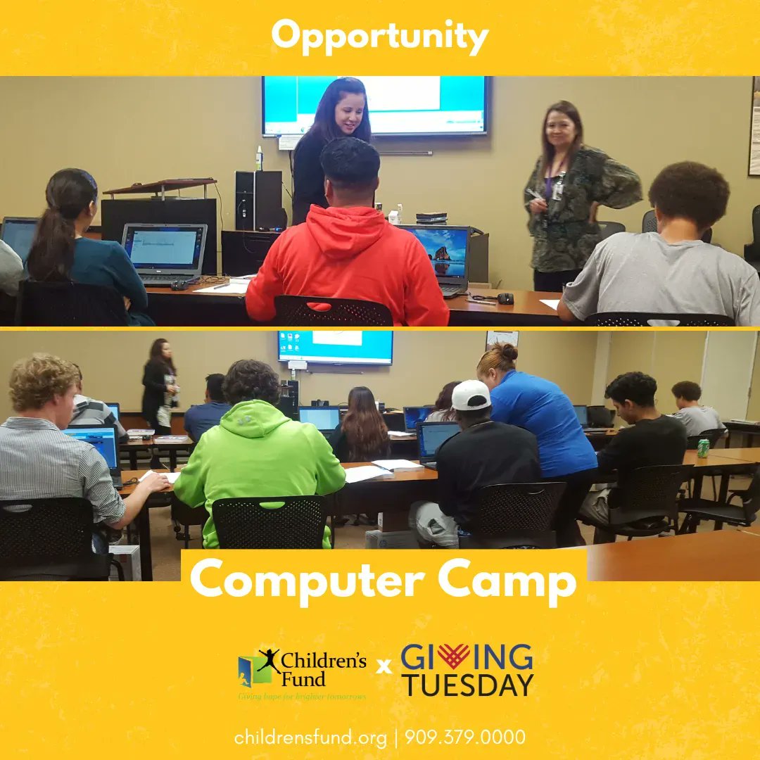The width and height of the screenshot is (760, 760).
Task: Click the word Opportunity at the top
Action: click(x=379, y=37)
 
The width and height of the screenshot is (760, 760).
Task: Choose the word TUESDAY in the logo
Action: click(x=467, y=685)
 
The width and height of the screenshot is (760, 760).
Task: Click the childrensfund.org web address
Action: click(x=310, y=737)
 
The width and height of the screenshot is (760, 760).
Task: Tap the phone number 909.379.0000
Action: click(x=464, y=737)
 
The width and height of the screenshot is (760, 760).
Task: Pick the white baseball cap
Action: click(x=470, y=395)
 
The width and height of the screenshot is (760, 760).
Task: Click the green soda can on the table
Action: click(x=703, y=448)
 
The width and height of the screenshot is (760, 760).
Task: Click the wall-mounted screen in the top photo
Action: click(x=376, y=106)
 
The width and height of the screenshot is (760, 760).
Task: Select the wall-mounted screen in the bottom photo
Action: click(x=335, y=346)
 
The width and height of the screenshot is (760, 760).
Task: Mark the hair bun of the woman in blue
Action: click(x=508, y=352)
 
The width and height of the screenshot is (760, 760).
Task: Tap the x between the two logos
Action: click(x=384, y=665)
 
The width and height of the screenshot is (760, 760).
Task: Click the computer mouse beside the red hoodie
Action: click(x=505, y=298)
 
